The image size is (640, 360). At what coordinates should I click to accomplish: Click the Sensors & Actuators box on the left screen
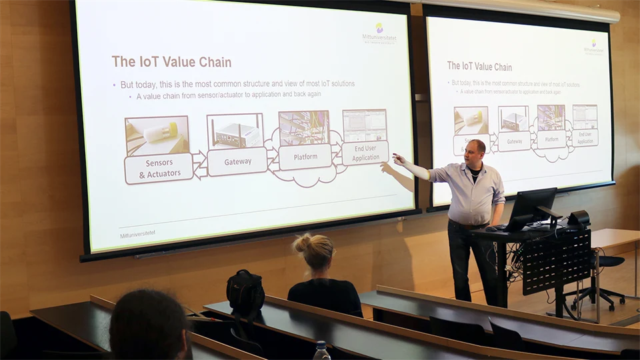[159, 168]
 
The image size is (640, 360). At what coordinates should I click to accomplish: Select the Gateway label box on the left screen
[237, 162]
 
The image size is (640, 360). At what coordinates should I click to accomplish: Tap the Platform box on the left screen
[305, 157]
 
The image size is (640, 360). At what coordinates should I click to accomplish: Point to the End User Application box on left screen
[365, 153]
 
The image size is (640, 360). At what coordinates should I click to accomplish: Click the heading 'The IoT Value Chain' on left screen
[171, 62]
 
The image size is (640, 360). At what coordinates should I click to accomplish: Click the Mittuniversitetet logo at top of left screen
[379, 33]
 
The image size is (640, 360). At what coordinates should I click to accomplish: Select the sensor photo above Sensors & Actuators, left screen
[157, 135]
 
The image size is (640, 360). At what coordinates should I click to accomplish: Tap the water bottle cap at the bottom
[322, 346]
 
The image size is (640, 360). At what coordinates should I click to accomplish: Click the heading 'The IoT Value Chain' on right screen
[479, 67]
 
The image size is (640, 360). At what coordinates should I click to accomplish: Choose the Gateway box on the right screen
[514, 141]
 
